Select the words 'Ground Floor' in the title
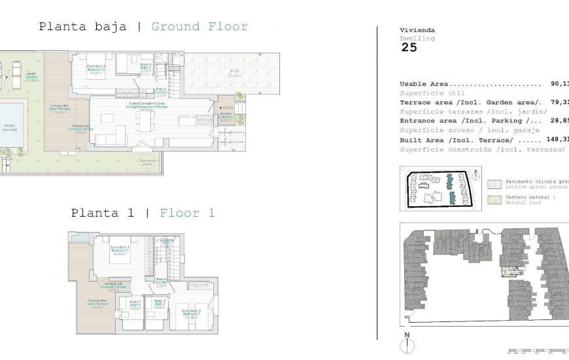199,27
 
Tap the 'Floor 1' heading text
187,213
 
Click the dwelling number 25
409,47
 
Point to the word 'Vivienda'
417,30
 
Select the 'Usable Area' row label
424,84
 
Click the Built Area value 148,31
557,139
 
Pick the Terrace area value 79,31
557,102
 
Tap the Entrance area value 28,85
557,120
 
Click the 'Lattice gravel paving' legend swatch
494,184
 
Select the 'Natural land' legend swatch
494,200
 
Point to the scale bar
536,351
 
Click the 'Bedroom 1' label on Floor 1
119,251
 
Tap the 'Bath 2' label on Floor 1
159,304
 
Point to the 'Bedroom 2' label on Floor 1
191,313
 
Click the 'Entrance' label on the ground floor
226,117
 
